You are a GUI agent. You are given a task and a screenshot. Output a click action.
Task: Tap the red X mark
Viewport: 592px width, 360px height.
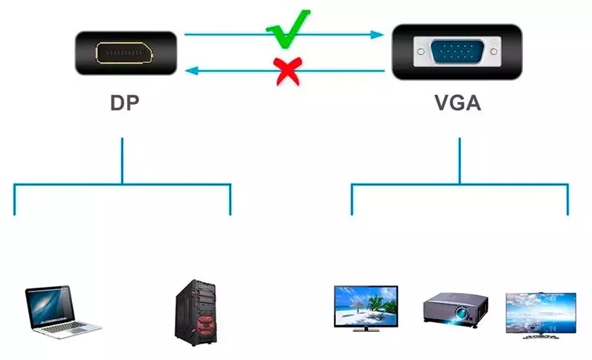289,71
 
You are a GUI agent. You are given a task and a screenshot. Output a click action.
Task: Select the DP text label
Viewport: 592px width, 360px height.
125,103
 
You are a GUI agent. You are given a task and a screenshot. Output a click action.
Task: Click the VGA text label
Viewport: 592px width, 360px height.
457,103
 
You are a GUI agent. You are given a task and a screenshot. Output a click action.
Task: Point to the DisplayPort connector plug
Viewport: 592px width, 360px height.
126,53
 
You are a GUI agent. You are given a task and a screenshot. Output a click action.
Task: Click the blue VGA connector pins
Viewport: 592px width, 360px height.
457,51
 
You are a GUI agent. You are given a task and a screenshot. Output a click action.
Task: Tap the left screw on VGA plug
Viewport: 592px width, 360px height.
421,51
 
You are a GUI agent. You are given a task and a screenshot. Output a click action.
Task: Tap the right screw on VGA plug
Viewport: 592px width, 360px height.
494,51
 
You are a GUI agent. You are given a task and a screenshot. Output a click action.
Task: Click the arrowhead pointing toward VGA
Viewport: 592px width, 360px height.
377,35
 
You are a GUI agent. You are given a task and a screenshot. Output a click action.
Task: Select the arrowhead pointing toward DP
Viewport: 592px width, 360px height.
192,70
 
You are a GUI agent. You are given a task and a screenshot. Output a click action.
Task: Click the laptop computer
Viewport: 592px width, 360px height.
62,312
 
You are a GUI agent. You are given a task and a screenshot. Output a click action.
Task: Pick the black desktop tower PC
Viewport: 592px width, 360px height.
195,313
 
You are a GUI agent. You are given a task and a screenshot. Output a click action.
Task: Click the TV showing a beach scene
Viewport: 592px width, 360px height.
366,308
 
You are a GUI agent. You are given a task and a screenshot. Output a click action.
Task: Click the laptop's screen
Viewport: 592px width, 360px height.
49,306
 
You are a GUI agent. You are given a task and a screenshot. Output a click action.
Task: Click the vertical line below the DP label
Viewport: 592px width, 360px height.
122,161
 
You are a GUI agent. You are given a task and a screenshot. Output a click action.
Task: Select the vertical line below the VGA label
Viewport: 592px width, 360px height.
460,161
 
